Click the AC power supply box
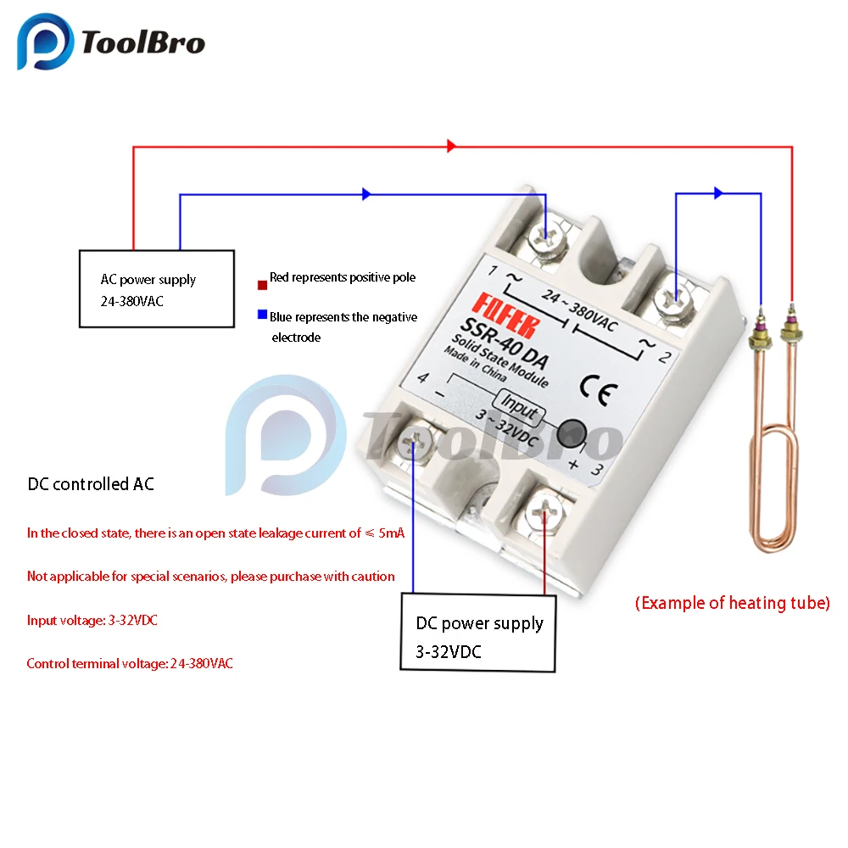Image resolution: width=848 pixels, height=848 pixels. pyautogui.click(x=156, y=288)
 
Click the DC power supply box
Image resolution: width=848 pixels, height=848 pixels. pyautogui.click(x=478, y=633)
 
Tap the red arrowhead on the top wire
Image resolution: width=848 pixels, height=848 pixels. pyautogui.click(x=451, y=147)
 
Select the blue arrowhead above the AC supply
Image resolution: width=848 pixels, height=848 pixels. pyautogui.click(x=366, y=194)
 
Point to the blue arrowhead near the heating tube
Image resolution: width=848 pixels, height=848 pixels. pyautogui.click(x=718, y=193)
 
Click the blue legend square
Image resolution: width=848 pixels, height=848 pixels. pyautogui.click(x=262, y=316)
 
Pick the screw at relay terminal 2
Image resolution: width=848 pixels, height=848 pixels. pyautogui.click(x=675, y=298)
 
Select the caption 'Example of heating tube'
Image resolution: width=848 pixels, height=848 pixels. pyautogui.click(x=732, y=603)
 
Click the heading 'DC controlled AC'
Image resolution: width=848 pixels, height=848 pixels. pyautogui.click(x=91, y=484)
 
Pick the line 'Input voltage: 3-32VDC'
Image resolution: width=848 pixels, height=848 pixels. pyautogui.click(x=92, y=620)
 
